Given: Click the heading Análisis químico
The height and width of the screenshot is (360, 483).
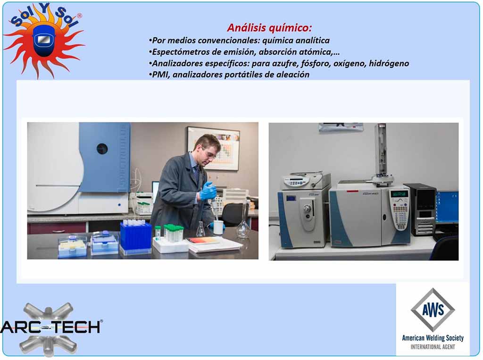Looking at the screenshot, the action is coord(269,28).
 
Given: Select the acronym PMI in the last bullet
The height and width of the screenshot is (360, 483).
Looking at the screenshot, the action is coord(161,75).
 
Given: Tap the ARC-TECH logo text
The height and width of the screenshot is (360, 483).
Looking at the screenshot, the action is coord(51,327).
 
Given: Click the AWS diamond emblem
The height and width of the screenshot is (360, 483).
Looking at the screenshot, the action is coord(433,310).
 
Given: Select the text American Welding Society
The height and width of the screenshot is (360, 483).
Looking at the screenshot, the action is coord(433,338).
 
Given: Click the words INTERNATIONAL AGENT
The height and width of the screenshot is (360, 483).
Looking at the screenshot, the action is coord(433,347).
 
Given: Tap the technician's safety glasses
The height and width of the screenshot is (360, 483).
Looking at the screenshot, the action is coord(210,154).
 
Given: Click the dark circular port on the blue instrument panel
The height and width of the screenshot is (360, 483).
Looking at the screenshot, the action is coord(102,149).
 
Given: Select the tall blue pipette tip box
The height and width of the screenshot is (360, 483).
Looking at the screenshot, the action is coord(135,237).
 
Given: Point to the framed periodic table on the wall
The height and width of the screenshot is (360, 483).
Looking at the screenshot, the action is coord(214,148).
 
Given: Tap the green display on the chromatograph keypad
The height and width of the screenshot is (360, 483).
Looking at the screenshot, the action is coord(400,194).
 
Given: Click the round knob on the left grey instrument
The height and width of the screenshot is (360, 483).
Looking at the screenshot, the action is coord(307,209).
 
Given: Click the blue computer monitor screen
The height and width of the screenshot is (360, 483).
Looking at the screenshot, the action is coord(447,207).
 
